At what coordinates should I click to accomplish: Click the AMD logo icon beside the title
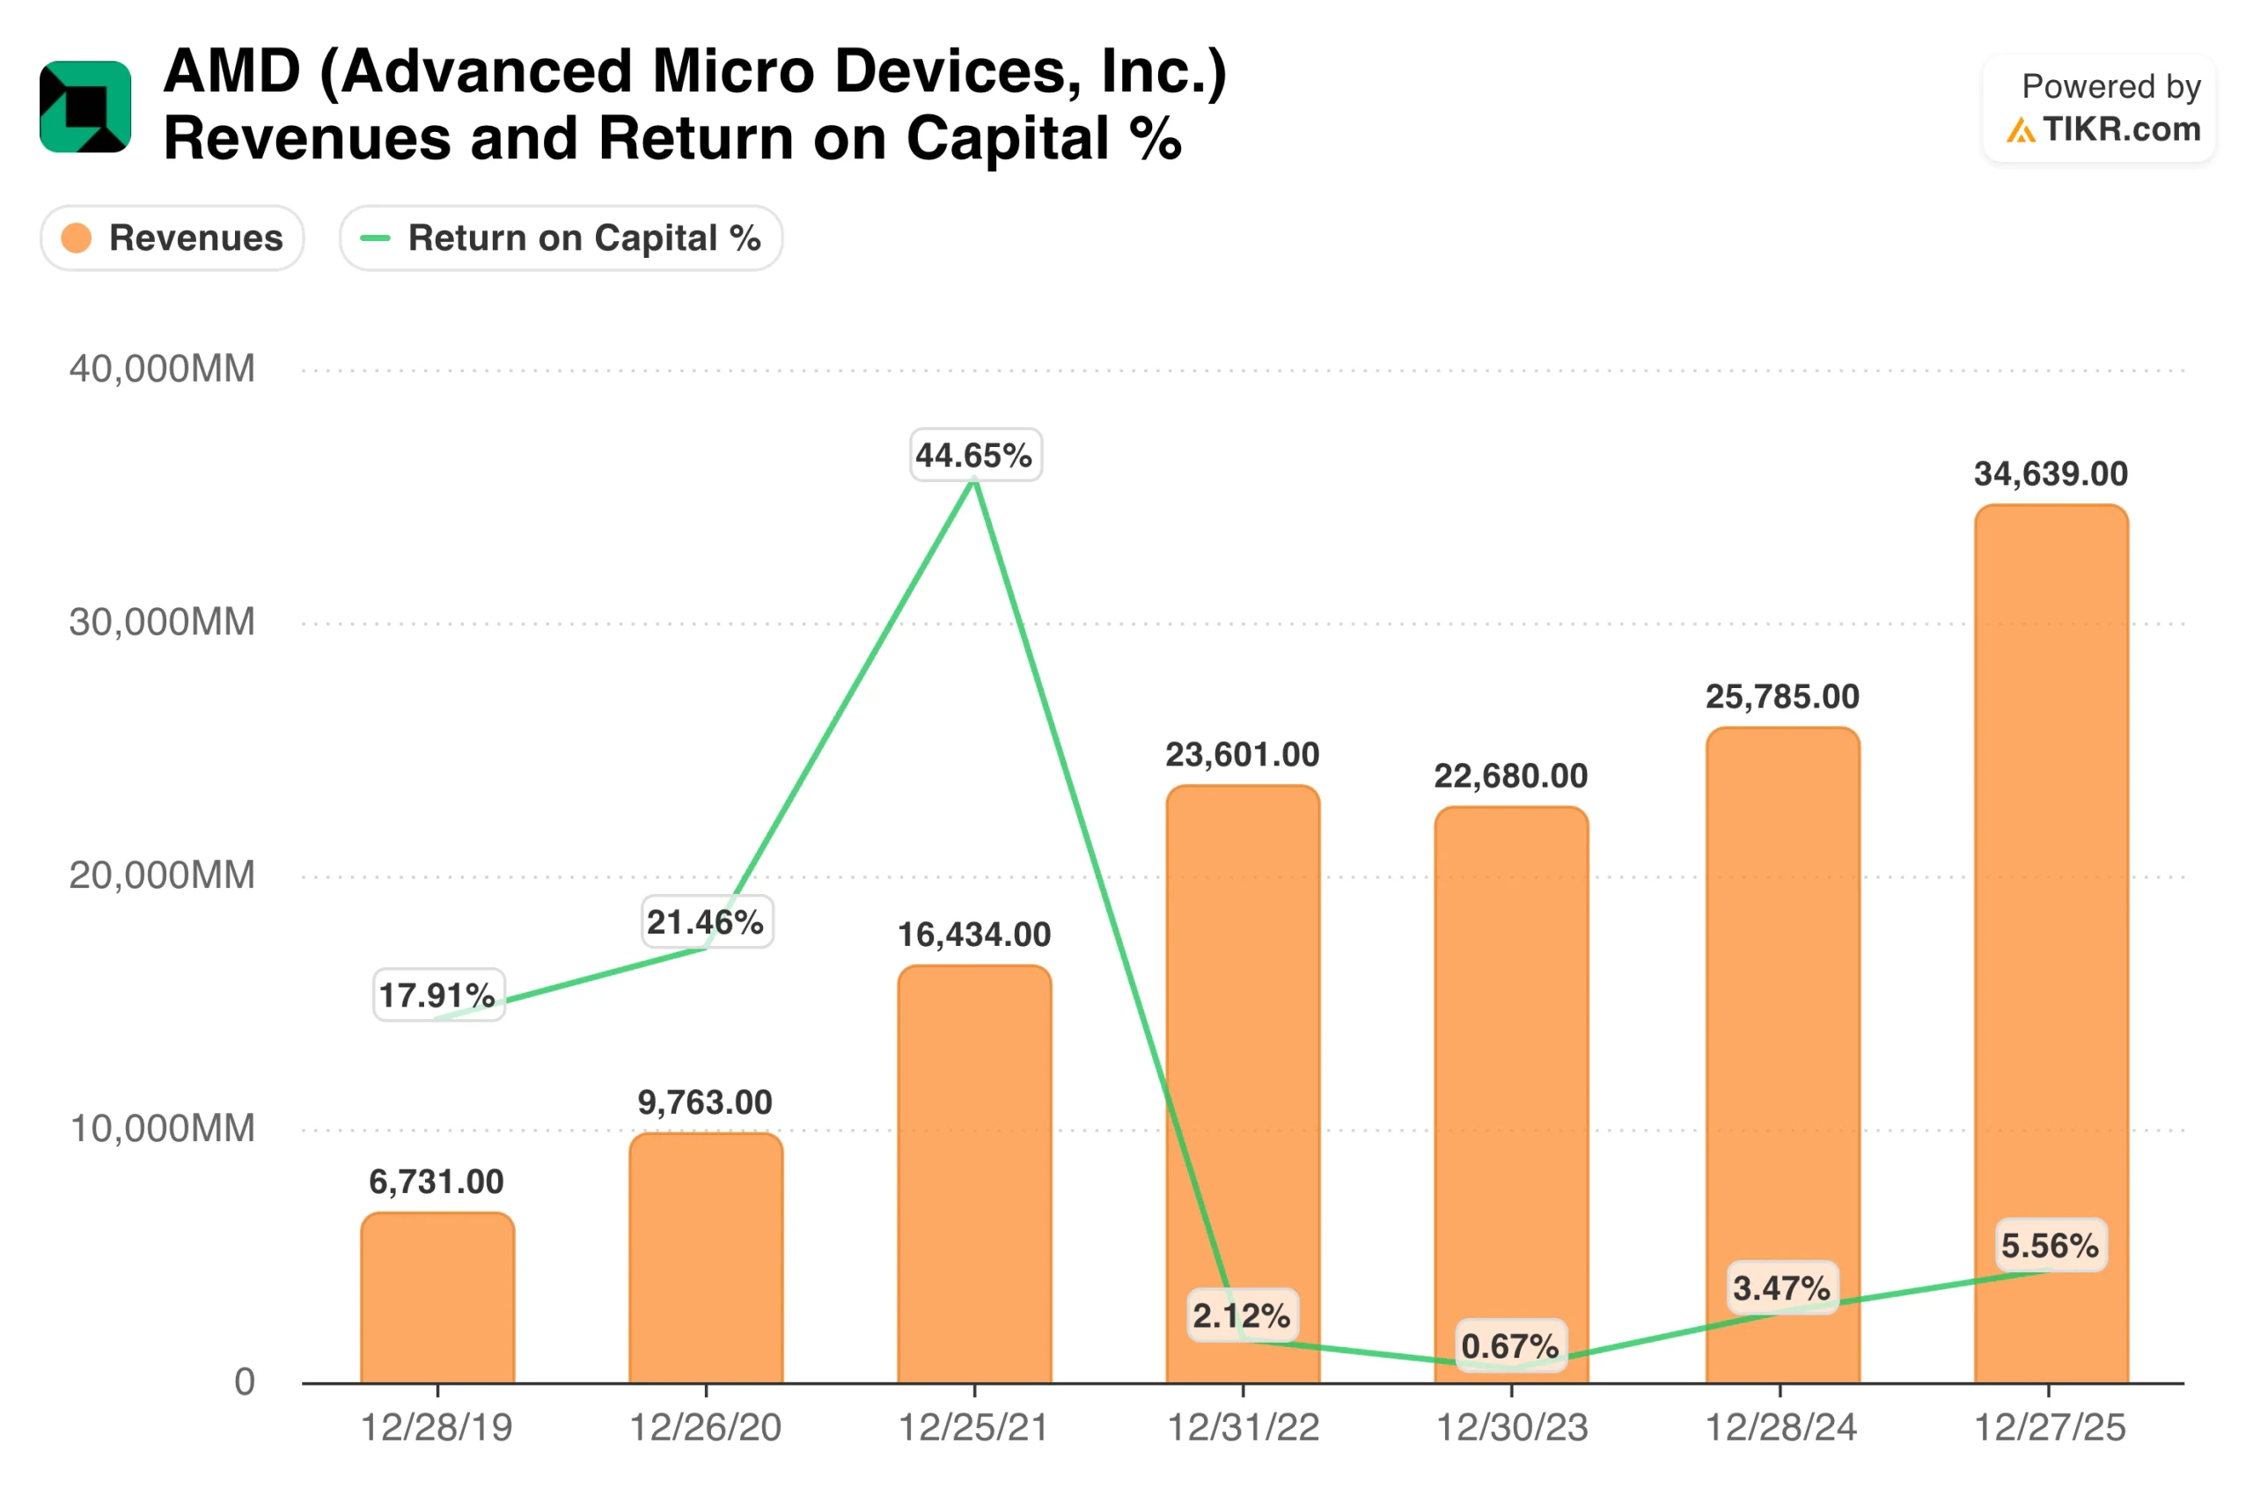point(85,106)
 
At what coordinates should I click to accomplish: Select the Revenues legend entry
point(172,238)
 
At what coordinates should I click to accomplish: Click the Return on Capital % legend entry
point(561,238)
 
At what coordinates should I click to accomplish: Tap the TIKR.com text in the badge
point(2121,129)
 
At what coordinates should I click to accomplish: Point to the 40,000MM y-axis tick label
point(162,369)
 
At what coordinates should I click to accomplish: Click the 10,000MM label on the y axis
point(162,1128)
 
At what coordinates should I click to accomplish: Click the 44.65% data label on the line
point(974,455)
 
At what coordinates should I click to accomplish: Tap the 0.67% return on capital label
point(1510,1346)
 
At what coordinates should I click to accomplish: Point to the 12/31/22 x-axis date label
point(1244,1428)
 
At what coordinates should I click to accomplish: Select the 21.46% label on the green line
point(706,921)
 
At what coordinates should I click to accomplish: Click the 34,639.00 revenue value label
point(2051,474)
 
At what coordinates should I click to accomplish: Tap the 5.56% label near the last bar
point(2050,1245)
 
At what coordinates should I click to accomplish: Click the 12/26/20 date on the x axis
point(706,1428)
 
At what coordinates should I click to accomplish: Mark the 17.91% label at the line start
point(437,995)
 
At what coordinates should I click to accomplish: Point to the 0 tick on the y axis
point(246,1382)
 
